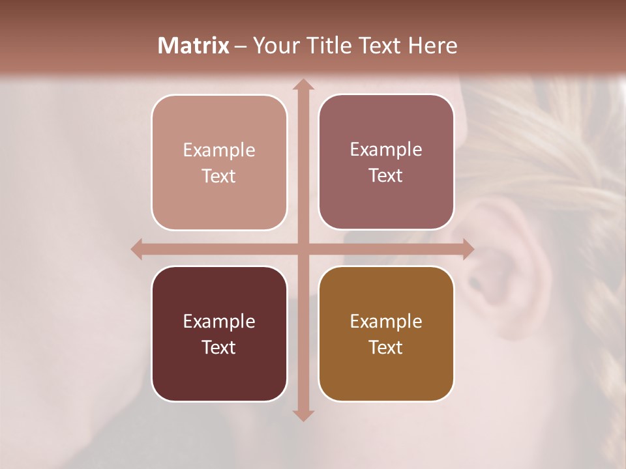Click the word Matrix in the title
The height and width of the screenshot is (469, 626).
[194, 46]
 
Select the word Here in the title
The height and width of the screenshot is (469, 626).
[433, 46]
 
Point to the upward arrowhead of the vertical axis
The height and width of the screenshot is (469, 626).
[303, 85]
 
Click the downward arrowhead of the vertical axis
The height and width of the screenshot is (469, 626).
[303, 415]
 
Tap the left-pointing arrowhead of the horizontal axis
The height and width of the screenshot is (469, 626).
[137, 249]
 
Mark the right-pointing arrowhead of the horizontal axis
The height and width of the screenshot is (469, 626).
[468, 249]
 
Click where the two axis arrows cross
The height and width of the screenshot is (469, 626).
[303, 249]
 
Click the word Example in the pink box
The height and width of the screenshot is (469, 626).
[219, 150]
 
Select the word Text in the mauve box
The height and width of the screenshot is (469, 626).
[386, 176]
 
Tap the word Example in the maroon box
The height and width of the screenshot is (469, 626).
[219, 322]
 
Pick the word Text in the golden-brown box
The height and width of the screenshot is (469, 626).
[386, 348]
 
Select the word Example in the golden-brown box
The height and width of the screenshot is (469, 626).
[386, 322]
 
